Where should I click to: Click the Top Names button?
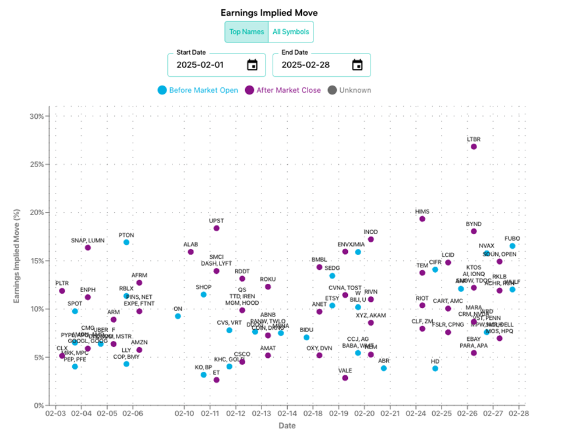click(246, 32)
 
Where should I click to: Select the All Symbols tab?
click(291, 32)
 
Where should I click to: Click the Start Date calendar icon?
click(252, 65)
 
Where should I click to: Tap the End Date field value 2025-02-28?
click(306, 65)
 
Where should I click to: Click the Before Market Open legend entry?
click(198, 90)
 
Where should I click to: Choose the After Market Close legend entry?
click(283, 90)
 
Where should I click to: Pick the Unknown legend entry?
click(350, 90)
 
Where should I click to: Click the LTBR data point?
click(474, 146)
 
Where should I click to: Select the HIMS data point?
click(422, 218)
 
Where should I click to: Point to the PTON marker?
click(126, 242)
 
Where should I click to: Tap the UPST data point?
click(216, 228)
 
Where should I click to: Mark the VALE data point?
click(345, 378)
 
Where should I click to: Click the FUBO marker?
click(512, 246)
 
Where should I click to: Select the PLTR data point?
click(62, 291)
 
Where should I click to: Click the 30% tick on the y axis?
click(37, 116)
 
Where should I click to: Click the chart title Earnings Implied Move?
click(269, 12)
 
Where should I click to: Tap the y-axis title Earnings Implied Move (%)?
click(17, 256)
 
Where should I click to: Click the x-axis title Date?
click(287, 426)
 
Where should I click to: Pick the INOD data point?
click(371, 239)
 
